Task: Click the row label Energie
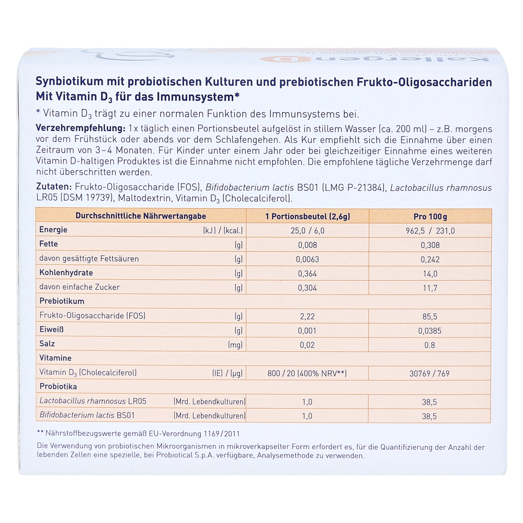click(x=53, y=230)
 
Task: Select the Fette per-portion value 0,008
click(x=306, y=245)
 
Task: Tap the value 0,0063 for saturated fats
click(x=306, y=259)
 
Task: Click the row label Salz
click(x=47, y=344)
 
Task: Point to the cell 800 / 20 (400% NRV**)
click(x=306, y=373)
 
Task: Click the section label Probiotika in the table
click(x=58, y=387)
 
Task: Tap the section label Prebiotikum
click(x=62, y=301)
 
